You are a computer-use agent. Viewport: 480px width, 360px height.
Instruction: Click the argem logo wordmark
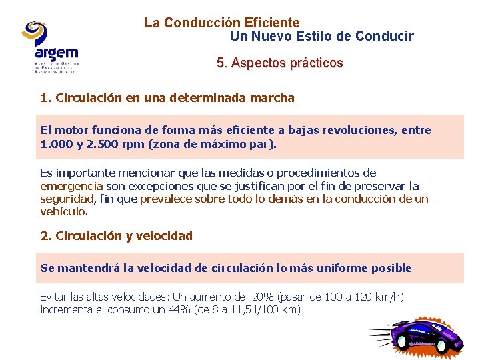pos(56,53)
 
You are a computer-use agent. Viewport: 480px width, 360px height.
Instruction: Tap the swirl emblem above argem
pos(35,31)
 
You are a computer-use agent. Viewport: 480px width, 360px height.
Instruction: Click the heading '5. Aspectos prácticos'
pos(279,63)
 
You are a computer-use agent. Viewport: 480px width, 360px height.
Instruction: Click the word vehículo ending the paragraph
pos(63,212)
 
